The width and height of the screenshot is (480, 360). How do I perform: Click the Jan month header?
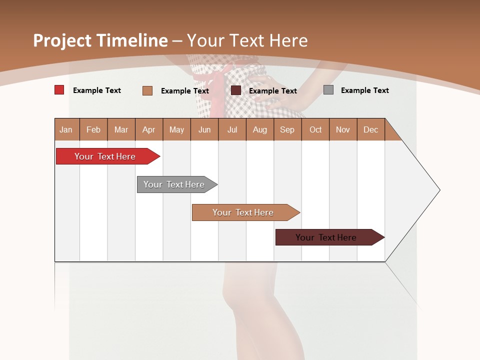point(66,129)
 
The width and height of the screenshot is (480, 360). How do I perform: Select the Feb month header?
point(93,129)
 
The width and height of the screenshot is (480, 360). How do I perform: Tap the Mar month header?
point(121,129)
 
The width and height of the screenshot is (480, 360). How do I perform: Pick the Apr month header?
point(149,129)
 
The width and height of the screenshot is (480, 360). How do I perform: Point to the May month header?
point(176,129)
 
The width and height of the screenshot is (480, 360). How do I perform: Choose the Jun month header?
point(204,129)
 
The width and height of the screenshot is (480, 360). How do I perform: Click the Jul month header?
point(232,129)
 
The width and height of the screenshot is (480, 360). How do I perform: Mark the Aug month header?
point(260,129)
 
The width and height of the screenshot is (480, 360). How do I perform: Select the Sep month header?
point(287,129)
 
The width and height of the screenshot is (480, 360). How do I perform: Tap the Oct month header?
point(315,129)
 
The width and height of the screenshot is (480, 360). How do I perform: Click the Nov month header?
point(343,129)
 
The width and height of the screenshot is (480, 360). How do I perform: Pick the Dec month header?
point(371,129)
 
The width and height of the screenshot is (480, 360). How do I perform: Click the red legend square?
point(59,90)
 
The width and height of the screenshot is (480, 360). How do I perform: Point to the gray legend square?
point(328,90)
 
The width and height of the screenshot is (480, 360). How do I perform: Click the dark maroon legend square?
point(236,90)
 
